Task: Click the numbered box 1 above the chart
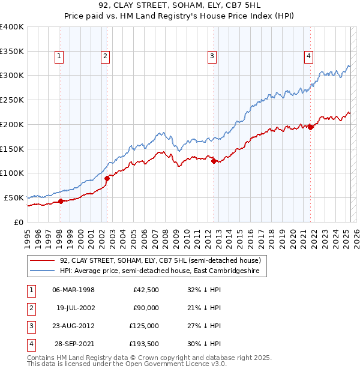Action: point(60,57)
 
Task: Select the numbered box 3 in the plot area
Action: point(212,57)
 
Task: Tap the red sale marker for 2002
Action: point(107,178)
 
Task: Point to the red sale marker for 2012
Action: point(214,160)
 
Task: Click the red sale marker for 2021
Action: point(311,127)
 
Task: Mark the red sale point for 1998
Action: point(61,201)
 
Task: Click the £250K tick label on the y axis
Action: point(11,100)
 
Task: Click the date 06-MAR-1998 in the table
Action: point(74,290)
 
